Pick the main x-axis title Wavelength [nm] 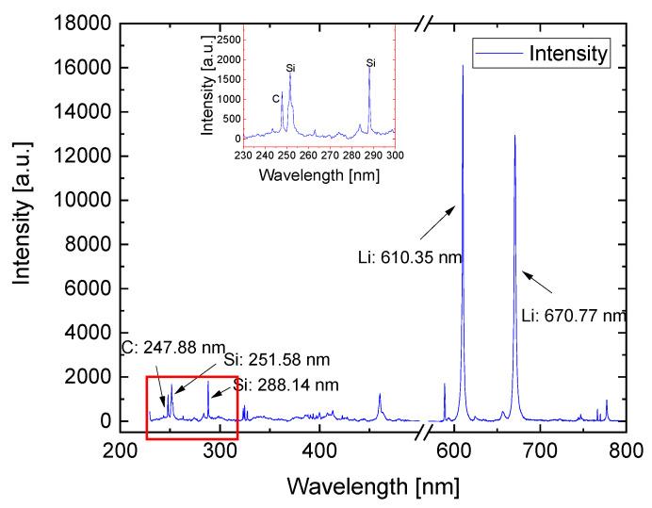click(373, 486)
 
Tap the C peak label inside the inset click(275, 98)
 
